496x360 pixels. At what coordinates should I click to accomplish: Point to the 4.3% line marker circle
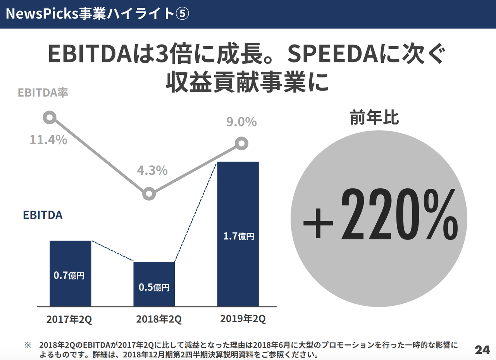tap(149, 193)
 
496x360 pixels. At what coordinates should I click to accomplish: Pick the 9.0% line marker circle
tap(241, 144)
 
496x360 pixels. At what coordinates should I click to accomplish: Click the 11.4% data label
tap(48, 140)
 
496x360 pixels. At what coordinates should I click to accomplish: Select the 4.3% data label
tap(152, 170)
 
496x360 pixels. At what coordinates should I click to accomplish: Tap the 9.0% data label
tap(241, 122)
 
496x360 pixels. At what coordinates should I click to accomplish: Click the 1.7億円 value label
tap(239, 236)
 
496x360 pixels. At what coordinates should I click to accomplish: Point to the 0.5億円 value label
tap(154, 288)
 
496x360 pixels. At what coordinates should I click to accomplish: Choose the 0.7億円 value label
tap(69, 276)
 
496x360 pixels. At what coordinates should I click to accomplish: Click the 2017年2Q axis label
tap(69, 320)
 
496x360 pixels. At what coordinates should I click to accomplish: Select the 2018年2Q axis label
tap(158, 320)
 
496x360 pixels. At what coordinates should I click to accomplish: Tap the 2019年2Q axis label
tap(243, 319)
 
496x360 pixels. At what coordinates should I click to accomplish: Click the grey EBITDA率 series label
tap(43, 93)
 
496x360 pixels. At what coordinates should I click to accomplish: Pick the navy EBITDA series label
tap(43, 215)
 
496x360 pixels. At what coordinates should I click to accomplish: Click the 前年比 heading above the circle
tap(374, 118)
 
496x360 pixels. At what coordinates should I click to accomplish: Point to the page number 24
tap(482, 350)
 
